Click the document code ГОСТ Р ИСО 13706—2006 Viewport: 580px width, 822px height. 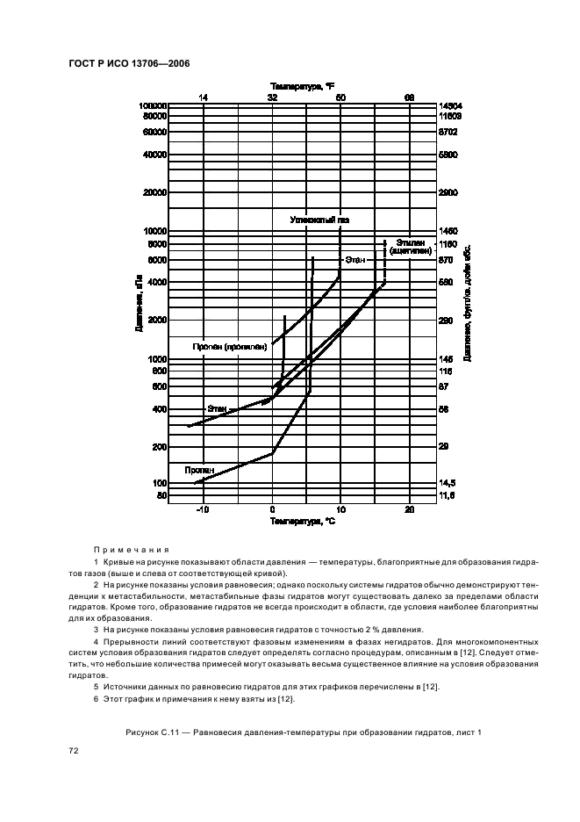tap(128, 64)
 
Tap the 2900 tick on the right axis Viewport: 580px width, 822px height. tap(448, 191)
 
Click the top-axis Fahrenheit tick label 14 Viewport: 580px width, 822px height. tap(204, 97)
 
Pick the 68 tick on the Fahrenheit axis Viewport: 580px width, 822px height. tap(408, 97)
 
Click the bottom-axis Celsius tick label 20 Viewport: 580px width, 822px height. tap(408, 510)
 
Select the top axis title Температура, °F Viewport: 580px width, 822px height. tap(302, 86)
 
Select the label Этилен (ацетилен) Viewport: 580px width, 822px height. tap(411, 246)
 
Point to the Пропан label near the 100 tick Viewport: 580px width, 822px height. tap(198, 471)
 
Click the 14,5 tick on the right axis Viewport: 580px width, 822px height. tap(448, 483)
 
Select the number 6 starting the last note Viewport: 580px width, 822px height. tap(95, 698)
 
